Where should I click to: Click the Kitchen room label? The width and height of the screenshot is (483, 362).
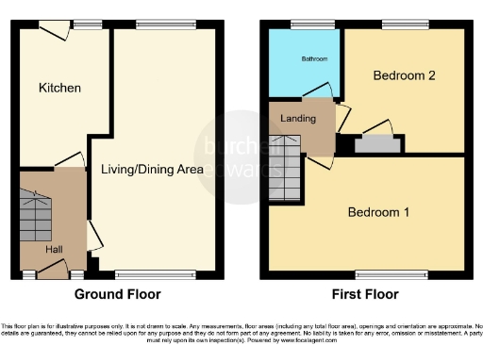[59, 88]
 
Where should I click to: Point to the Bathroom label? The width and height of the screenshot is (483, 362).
[314, 59]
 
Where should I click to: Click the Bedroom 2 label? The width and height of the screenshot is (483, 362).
[403, 75]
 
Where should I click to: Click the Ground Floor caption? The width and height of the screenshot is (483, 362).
[118, 294]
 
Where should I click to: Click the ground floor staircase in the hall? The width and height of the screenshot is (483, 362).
[37, 218]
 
